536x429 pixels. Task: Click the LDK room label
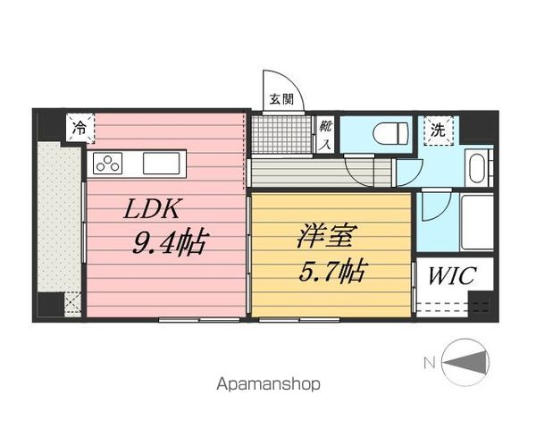click(154, 210)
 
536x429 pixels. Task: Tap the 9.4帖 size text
click(169, 242)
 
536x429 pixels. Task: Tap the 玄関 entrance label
click(282, 100)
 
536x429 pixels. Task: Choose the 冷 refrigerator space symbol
click(80, 129)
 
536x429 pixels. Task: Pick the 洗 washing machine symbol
click(439, 129)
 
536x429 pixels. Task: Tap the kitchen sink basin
click(162, 164)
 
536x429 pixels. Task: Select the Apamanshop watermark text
click(268, 384)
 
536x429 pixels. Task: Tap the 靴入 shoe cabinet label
click(325, 133)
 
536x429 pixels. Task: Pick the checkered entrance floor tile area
click(278, 134)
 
